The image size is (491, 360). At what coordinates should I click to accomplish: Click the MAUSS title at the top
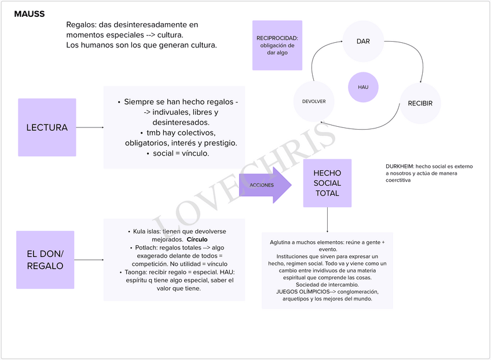click(29, 14)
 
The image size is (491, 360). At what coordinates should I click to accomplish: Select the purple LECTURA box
click(47, 127)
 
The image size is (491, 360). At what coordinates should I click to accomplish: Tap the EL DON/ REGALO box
click(45, 260)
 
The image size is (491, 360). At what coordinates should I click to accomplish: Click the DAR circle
click(363, 41)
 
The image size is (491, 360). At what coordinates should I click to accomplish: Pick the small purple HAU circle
click(363, 87)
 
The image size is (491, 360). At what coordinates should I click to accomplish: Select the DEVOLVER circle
click(314, 101)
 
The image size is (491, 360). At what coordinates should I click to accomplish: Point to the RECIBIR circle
click(420, 104)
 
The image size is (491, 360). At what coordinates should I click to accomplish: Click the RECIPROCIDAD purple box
click(277, 45)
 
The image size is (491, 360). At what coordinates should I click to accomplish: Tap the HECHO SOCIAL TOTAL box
click(327, 183)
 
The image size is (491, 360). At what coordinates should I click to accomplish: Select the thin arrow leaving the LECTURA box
click(90, 127)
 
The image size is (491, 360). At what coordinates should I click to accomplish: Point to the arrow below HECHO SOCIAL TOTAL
click(328, 220)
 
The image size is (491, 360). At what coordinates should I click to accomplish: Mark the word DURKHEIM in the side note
click(400, 166)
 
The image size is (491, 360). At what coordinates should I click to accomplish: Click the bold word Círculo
click(197, 239)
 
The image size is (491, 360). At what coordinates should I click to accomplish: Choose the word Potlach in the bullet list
click(144, 247)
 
